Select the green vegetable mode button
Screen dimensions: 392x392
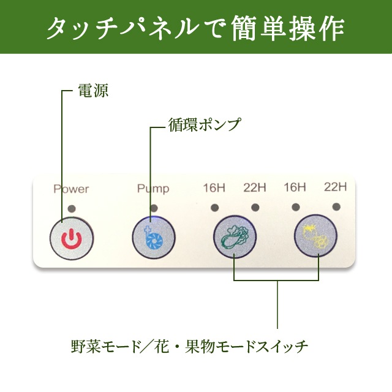234,236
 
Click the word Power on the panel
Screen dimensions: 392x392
71,189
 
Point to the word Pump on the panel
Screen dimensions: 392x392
153,189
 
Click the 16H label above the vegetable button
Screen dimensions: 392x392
214,186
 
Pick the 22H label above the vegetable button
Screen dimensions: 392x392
254,186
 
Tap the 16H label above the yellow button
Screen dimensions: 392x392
295,186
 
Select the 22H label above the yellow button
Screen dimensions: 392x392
335,186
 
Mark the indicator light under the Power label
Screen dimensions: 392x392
72,208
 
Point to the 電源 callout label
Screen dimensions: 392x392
92,91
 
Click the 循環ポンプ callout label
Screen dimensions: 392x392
205,124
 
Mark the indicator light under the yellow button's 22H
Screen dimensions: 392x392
336,207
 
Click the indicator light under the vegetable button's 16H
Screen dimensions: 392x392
215,207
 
